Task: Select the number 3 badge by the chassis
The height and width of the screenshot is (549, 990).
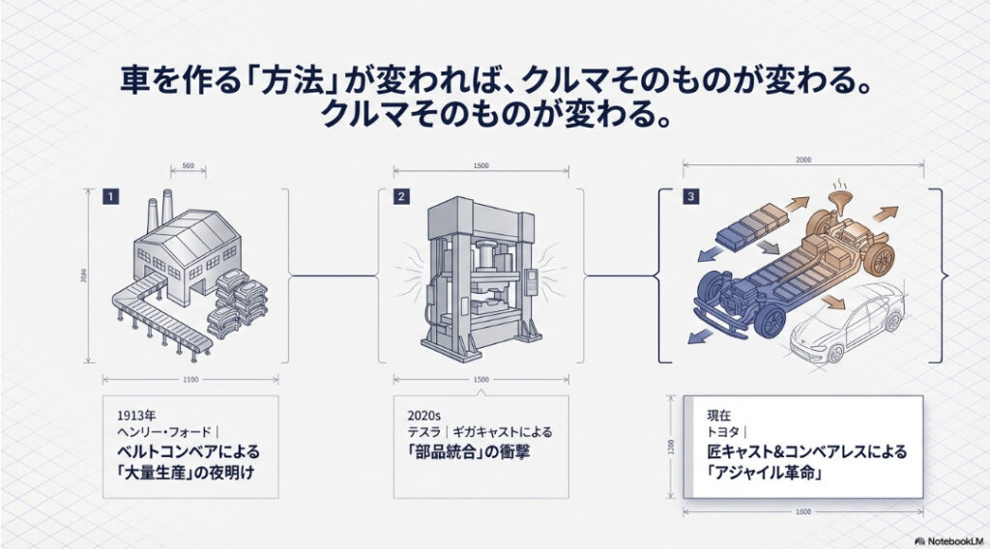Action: click(x=689, y=197)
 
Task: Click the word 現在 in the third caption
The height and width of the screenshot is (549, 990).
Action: click(x=719, y=416)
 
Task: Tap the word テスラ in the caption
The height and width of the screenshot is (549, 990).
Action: click(x=423, y=433)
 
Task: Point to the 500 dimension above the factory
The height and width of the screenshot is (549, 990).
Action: click(x=188, y=166)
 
